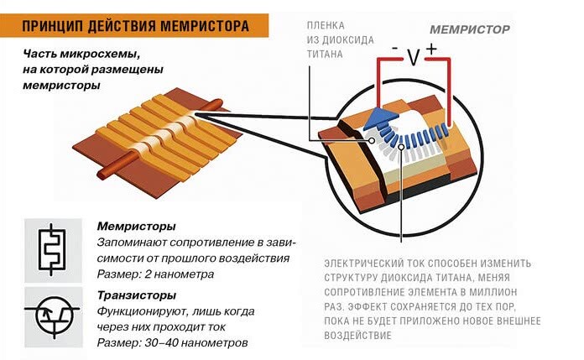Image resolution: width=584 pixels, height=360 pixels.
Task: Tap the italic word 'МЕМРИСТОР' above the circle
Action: tap(469, 28)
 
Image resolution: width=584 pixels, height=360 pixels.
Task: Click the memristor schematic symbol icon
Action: tap(53, 247)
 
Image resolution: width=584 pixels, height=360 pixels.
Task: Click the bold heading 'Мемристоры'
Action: tap(136, 227)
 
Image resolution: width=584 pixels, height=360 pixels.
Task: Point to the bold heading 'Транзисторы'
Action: tap(137, 295)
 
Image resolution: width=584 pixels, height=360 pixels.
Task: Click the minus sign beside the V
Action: tap(394, 50)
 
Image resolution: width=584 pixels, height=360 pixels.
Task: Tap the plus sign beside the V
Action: tap(431, 50)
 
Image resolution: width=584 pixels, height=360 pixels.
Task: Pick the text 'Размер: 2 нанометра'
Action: tap(155, 274)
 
